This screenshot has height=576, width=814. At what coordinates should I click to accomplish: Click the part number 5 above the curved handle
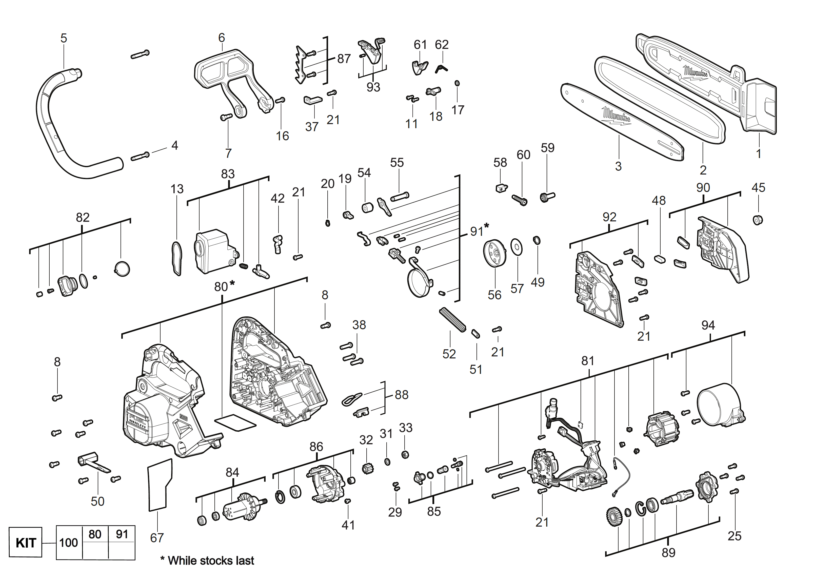64,38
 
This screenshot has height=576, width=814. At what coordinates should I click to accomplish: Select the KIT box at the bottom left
26,543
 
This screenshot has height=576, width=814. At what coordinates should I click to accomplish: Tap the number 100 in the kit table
68,543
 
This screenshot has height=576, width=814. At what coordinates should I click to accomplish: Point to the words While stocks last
211,561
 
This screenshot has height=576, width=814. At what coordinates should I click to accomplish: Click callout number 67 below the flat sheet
157,538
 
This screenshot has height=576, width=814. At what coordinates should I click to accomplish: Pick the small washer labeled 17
457,83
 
